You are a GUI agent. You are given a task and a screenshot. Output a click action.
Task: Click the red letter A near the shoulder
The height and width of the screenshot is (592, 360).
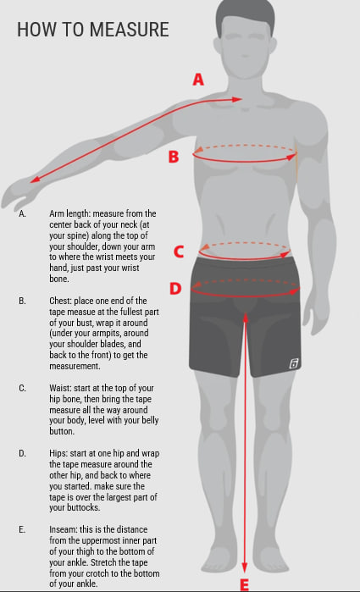(x=198, y=80)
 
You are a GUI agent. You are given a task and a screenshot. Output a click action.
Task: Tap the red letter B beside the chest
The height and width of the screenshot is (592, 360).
(x=174, y=157)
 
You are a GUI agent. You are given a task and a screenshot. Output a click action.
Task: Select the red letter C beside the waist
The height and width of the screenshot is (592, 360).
(x=179, y=252)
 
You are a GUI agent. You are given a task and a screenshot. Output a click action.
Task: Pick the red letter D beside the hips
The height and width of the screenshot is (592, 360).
(x=175, y=289)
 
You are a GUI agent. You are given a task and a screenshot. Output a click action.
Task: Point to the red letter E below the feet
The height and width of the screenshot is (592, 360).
(x=245, y=585)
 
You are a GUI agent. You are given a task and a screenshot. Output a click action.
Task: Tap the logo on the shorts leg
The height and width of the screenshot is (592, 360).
(x=294, y=363)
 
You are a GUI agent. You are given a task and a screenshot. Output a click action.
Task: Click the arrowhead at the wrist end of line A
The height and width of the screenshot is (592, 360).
(x=35, y=180)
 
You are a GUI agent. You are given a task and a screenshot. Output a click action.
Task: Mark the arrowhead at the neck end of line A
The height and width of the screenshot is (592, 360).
(x=237, y=99)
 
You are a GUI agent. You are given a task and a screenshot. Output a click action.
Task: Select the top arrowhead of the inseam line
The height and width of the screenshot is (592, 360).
(x=246, y=317)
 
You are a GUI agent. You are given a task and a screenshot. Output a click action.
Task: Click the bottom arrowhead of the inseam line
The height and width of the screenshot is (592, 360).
(x=245, y=567)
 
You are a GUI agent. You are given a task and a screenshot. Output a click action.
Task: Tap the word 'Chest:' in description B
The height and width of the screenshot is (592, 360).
(x=60, y=301)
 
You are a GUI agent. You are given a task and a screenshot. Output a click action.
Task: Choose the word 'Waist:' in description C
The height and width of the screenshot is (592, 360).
(x=60, y=388)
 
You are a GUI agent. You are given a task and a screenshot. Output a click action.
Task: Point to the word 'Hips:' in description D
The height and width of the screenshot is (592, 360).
(x=58, y=453)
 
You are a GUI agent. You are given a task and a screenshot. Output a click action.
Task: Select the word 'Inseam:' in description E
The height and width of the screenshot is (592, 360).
(x=63, y=529)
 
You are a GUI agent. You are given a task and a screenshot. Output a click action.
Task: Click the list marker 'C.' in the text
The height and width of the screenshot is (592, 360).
(x=23, y=388)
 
